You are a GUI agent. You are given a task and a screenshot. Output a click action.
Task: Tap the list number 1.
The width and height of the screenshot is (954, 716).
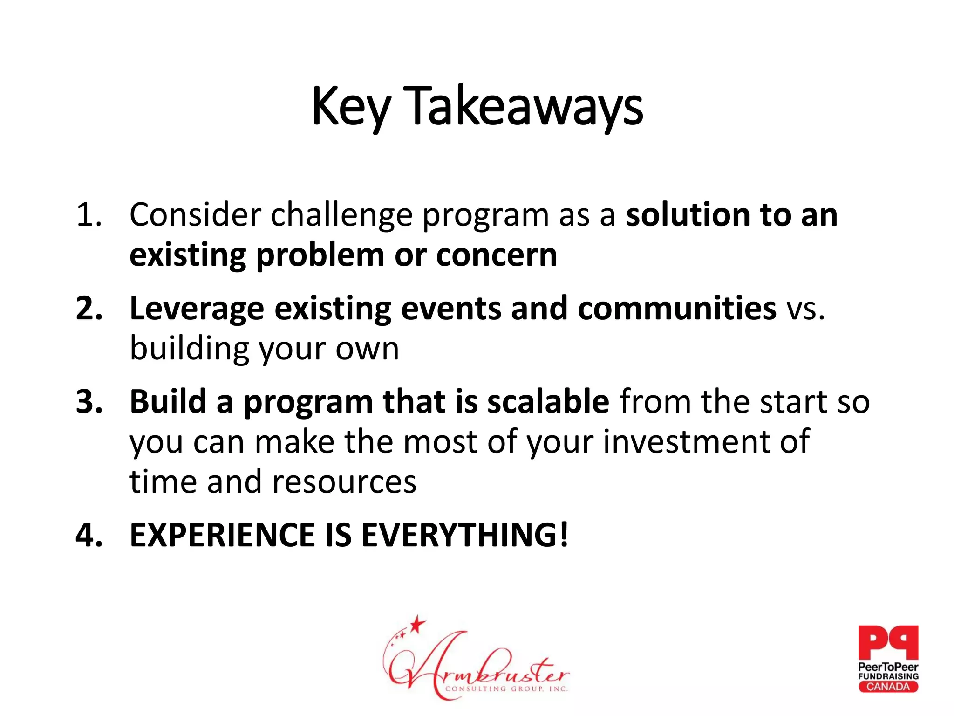pyautogui.click(x=89, y=215)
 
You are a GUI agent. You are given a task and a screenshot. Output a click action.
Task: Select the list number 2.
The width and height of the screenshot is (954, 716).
pyautogui.click(x=89, y=309)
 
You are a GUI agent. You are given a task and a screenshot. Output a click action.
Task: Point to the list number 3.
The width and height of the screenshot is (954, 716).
pyautogui.click(x=89, y=402)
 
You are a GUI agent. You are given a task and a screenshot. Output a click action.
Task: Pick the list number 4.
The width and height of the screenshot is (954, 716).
pyautogui.click(x=89, y=535)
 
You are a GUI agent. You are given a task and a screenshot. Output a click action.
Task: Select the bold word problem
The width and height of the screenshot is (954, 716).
pyautogui.click(x=320, y=255)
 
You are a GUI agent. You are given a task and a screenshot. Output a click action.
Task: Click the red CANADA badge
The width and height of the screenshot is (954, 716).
pyautogui.click(x=888, y=687)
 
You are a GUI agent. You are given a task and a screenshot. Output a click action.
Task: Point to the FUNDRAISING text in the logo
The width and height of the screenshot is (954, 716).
pyautogui.click(x=888, y=676)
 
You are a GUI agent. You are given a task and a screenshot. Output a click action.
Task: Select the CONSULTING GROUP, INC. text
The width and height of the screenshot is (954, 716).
pyautogui.click(x=506, y=688)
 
